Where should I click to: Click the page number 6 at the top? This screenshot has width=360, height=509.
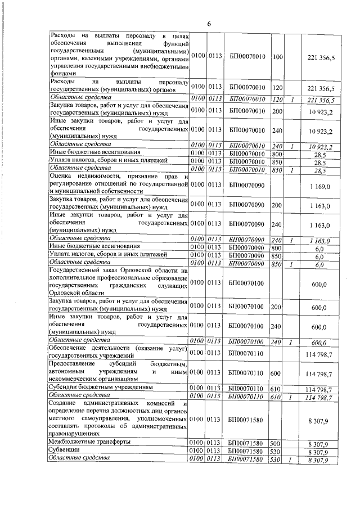coord(209,24)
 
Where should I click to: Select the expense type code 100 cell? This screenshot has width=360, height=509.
coord(277,57)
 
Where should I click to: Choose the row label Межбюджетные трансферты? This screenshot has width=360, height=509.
coord(90,443)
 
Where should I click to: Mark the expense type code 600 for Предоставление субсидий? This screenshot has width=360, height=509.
coord(277,372)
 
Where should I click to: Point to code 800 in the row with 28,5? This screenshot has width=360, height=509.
coord(277,152)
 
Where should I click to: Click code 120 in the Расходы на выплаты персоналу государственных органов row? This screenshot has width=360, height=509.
coord(277,88)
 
